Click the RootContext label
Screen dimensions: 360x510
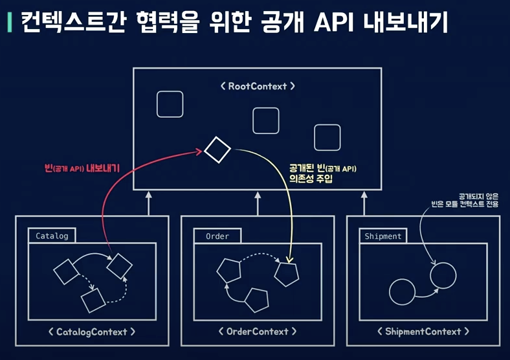(258, 85)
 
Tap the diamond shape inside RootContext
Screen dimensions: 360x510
(217, 150)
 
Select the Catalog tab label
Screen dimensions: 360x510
(52, 236)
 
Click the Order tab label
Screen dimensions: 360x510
(217, 236)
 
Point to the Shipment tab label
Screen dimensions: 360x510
(383, 236)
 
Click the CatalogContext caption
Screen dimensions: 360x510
(92, 332)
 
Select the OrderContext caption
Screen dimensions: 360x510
(258, 332)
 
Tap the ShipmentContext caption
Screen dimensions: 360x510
(423, 332)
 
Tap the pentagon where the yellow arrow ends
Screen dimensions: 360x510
(287, 274)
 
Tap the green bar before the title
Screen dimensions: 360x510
(8, 23)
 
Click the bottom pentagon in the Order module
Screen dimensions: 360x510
(256, 300)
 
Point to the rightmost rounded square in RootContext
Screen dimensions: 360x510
(327, 138)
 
